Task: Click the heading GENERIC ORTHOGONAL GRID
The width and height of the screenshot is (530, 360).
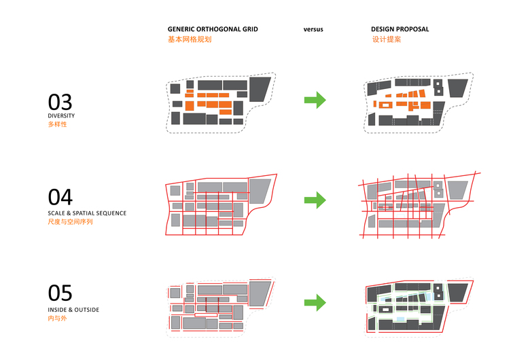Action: pyautogui.click(x=213, y=30)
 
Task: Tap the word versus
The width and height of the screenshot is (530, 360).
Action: pyautogui.click(x=313, y=30)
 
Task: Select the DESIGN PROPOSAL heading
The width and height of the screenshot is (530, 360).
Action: pyautogui.click(x=400, y=30)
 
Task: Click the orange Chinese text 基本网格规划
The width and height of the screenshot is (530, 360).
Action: pyautogui.click(x=190, y=40)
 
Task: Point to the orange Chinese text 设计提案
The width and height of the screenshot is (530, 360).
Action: pyautogui.click(x=386, y=40)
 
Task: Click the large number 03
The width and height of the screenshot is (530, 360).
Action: pyautogui.click(x=60, y=102)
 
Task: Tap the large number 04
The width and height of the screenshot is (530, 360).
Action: pyautogui.click(x=60, y=197)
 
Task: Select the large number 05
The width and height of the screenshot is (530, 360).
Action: pyautogui.click(x=60, y=293)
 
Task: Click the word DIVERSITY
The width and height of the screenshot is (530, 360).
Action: pyautogui.click(x=61, y=116)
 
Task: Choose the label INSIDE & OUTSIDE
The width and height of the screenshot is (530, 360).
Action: pyautogui.click(x=73, y=310)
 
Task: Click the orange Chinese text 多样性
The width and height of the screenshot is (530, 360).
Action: pyautogui.click(x=58, y=125)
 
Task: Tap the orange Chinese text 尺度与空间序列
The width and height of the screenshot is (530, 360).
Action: pyautogui.click(x=70, y=221)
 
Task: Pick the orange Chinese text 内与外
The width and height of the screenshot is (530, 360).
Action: pyautogui.click(x=56, y=319)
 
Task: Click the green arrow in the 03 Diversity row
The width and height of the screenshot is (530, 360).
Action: pyautogui.click(x=315, y=101)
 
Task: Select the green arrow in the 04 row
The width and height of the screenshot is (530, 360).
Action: pyautogui.click(x=315, y=200)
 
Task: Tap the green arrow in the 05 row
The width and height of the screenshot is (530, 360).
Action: pyautogui.click(x=315, y=302)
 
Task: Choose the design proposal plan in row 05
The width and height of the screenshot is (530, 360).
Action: pyautogui.click(x=416, y=306)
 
